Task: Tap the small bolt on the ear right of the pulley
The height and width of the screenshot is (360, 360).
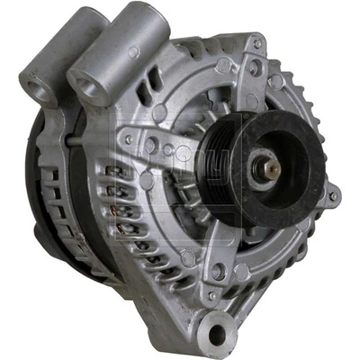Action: click(x=333, y=194)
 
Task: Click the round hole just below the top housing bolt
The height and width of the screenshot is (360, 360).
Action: click(x=257, y=67)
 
